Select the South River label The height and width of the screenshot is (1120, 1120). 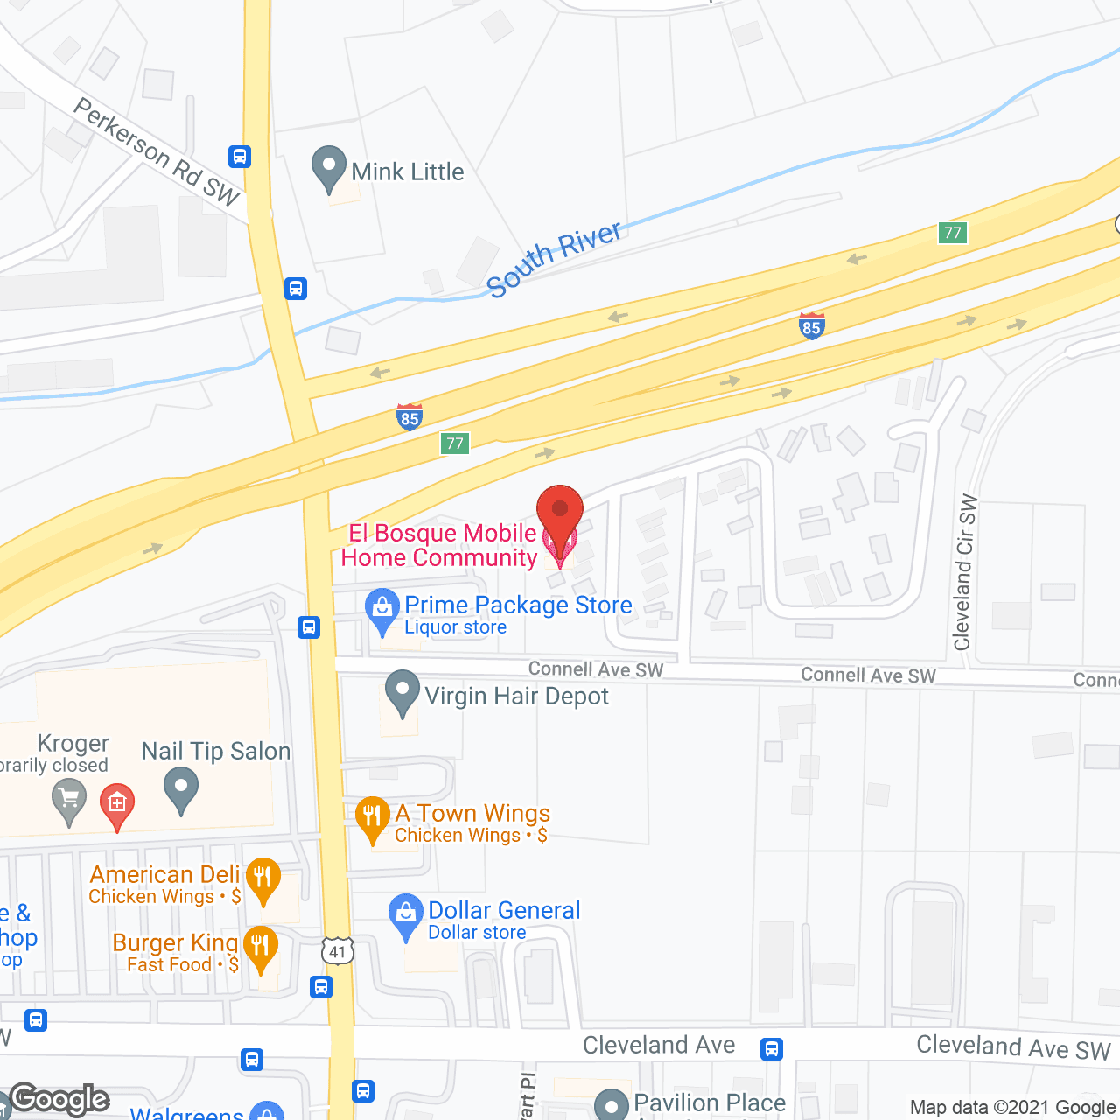pyautogui.click(x=554, y=259)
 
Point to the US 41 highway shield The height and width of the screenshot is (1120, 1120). pyautogui.click(x=338, y=951)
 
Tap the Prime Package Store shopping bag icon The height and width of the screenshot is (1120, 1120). pyautogui.click(x=381, y=609)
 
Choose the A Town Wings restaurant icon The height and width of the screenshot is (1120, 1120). pyautogui.click(x=373, y=817)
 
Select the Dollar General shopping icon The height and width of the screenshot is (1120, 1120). pyautogui.click(x=406, y=914)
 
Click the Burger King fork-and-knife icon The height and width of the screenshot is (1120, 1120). pyautogui.click(x=260, y=948)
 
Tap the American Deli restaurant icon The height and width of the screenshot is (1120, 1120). pyautogui.click(x=263, y=878)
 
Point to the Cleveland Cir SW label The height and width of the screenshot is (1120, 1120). pyautogui.click(x=965, y=573)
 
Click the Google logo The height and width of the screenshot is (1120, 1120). pyautogui.click(x=59, y=1099)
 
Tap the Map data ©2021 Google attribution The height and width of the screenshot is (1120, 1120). pyautogui.click(x=1012, y=1108)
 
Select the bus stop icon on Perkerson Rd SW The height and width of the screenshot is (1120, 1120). pyautogui.click(x=240, y=157)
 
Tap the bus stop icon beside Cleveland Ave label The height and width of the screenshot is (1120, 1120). pyautogui.click(x=771, y=1048)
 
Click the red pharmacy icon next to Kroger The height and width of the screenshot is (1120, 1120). pyautogui.click(x=117, y=804)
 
